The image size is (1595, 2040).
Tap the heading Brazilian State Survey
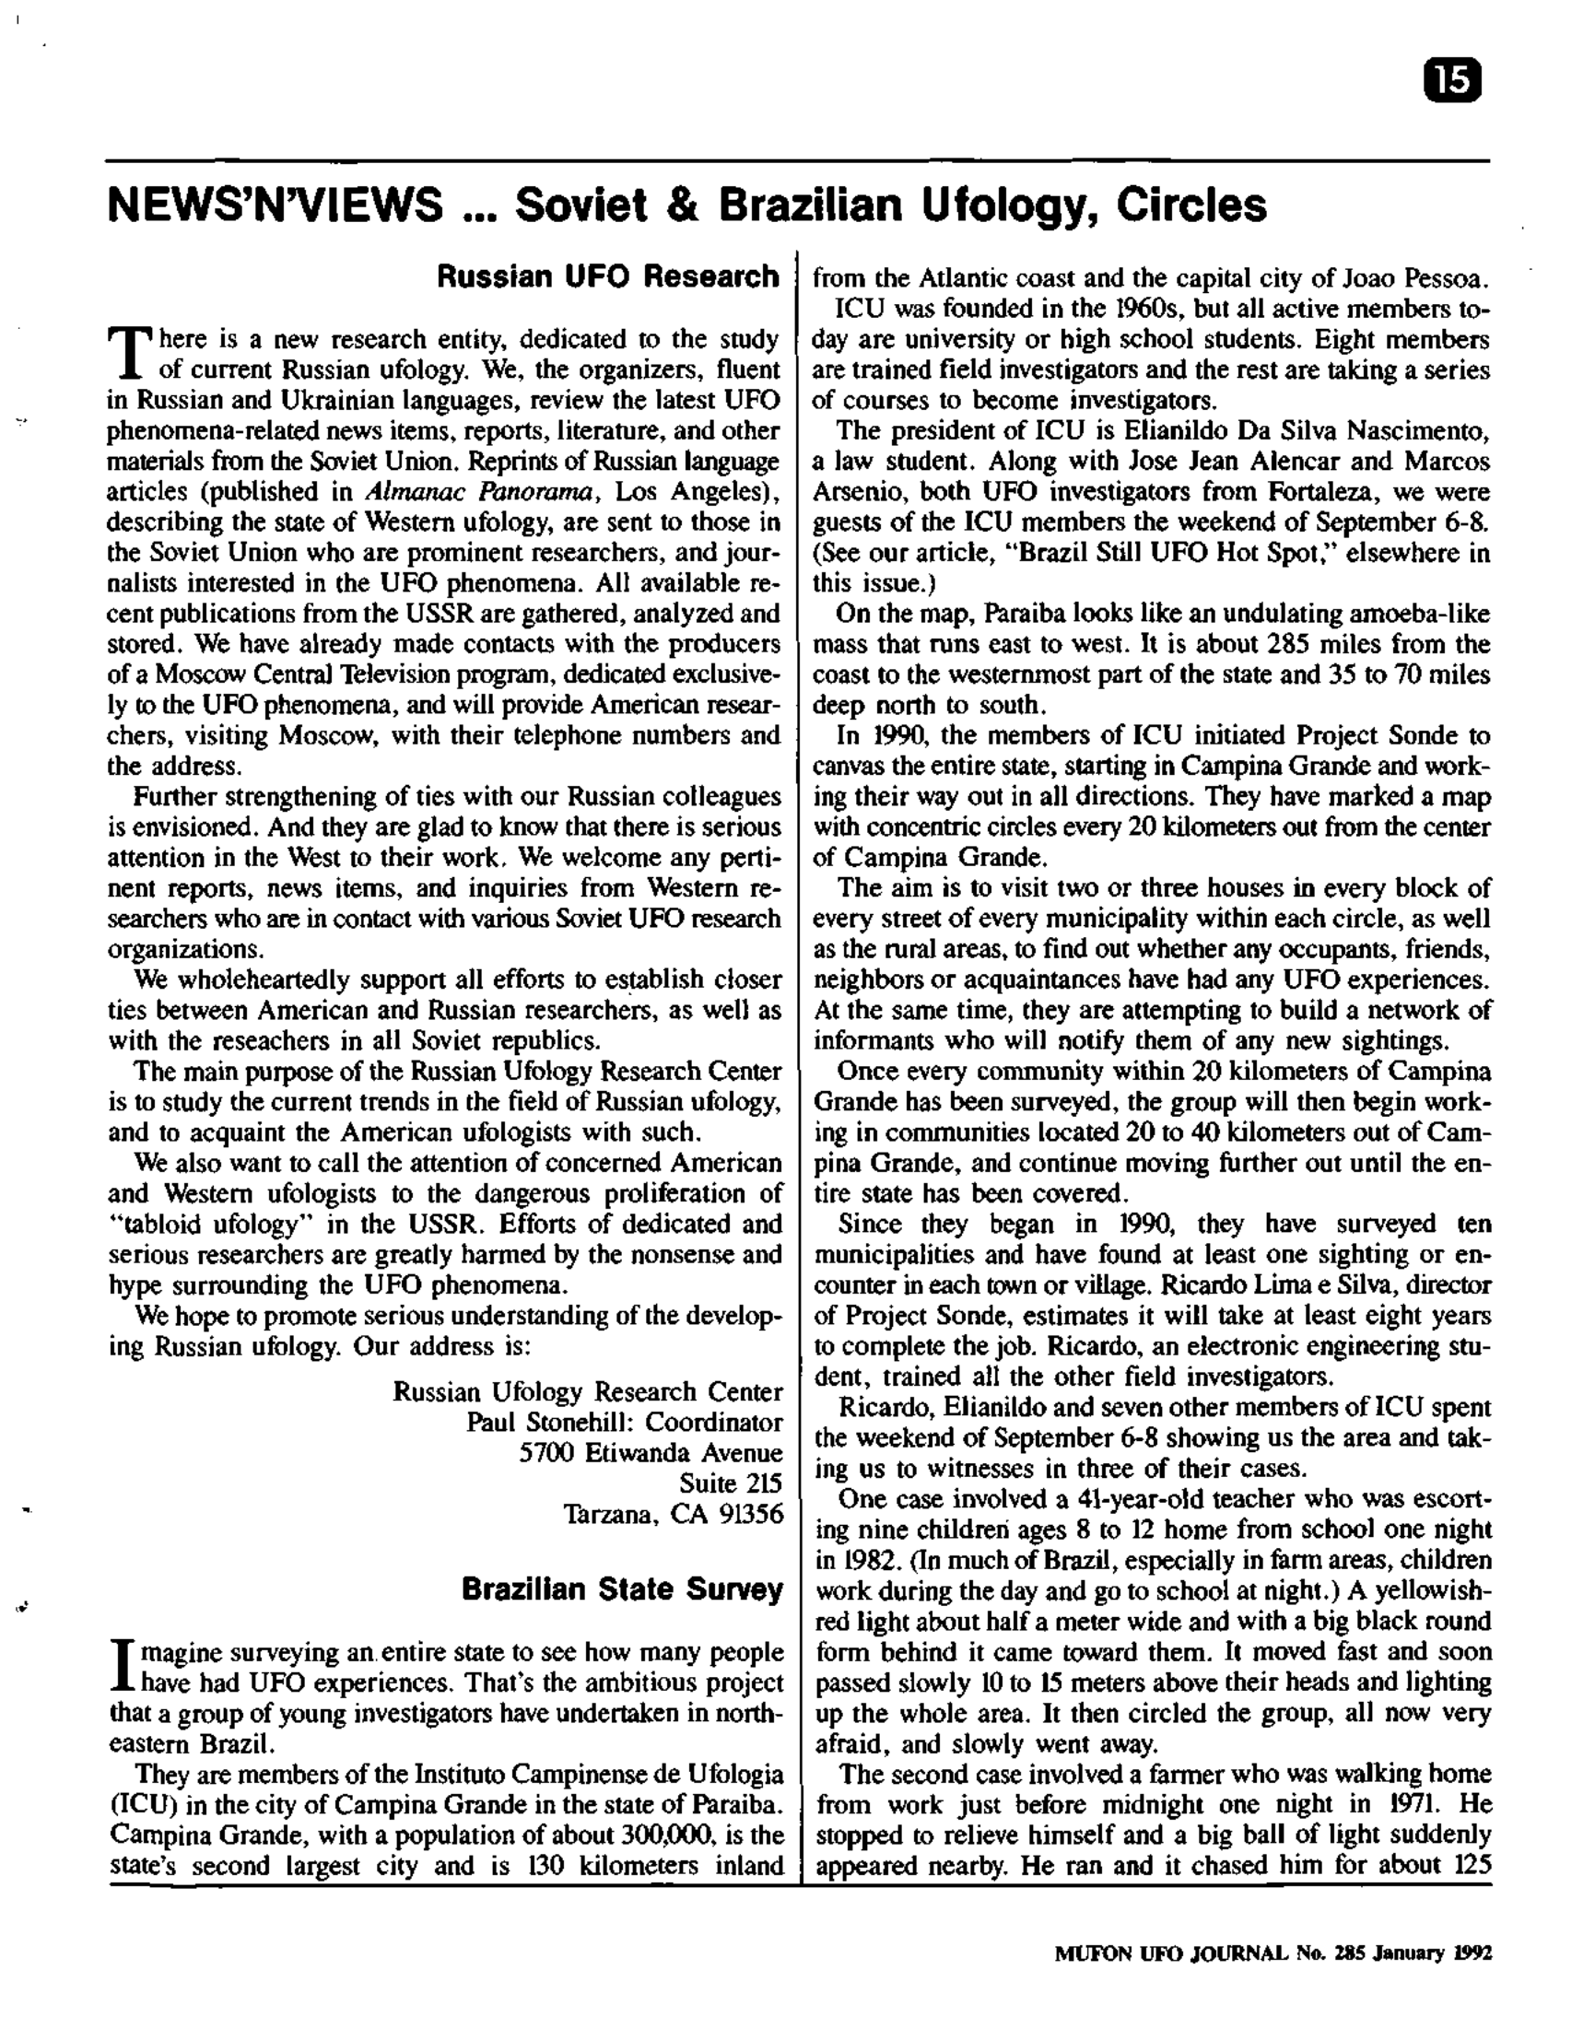(622, 1589)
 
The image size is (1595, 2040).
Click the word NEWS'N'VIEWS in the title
(276, 205)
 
